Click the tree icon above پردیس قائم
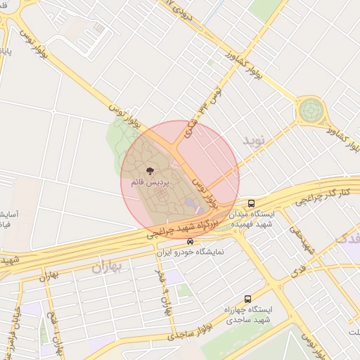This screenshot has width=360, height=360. pos(149,171)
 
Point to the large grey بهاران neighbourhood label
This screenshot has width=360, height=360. pos(108,267)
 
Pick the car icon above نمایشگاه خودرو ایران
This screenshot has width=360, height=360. pos(190,242)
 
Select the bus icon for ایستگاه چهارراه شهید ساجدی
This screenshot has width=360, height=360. pos(247,299)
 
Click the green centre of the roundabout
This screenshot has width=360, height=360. pos(309,110)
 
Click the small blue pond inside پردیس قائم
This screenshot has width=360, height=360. pos(191,204)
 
